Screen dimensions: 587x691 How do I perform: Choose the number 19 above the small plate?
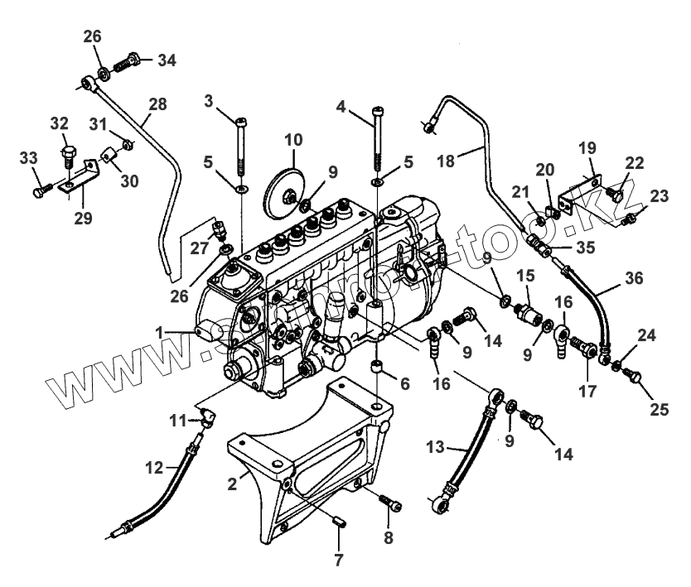pyautogui.click(x=587, y=149)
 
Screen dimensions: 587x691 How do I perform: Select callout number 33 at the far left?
pyautogui.click(x=28, y=158)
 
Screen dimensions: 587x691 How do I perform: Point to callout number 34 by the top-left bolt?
pyautogui.click(x=167, y=60)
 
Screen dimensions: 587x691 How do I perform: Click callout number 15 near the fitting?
pyautogui.click(x=525, y=274)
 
